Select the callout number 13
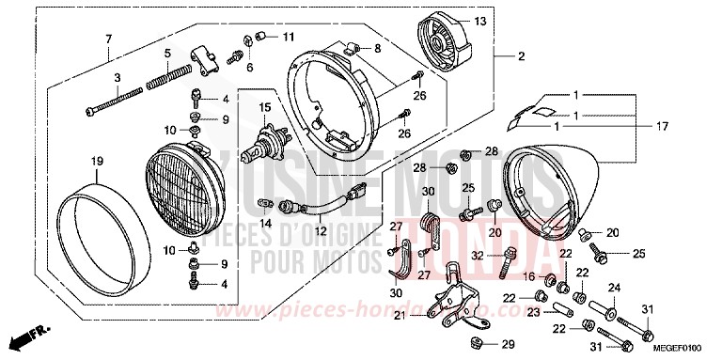(479, 21)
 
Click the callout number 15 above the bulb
(265, 109)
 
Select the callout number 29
(507, 344)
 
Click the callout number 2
(520, 56)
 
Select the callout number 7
(108, 38)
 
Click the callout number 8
(377, 47)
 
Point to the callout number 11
(289, 37)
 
